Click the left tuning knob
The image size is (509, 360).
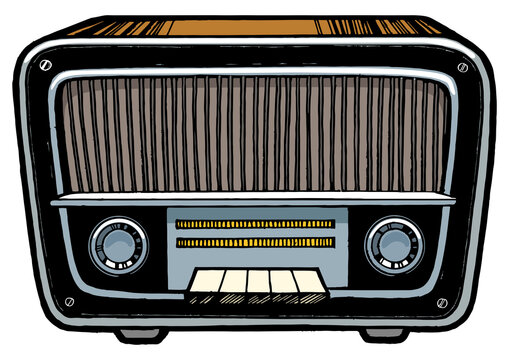119,243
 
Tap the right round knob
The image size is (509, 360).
393,243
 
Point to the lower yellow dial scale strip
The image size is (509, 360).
255,242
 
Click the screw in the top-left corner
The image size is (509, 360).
46,65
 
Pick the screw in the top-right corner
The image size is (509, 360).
462,68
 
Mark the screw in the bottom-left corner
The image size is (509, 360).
69,300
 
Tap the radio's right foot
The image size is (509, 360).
384,332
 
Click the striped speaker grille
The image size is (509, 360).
255,135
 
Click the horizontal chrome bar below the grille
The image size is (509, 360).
255,200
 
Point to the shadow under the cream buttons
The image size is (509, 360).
255,298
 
